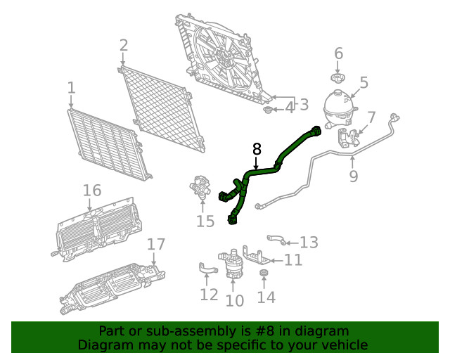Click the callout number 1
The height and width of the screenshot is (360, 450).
71,88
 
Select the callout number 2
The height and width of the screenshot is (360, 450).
124,46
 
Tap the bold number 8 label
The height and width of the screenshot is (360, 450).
257,148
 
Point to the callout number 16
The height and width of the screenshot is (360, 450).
92,191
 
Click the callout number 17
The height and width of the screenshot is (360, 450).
156,244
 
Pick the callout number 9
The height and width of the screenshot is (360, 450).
354,174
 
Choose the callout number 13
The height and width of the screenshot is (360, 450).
309,243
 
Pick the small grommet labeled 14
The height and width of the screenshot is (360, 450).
264,273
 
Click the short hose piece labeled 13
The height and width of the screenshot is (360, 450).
276,240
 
